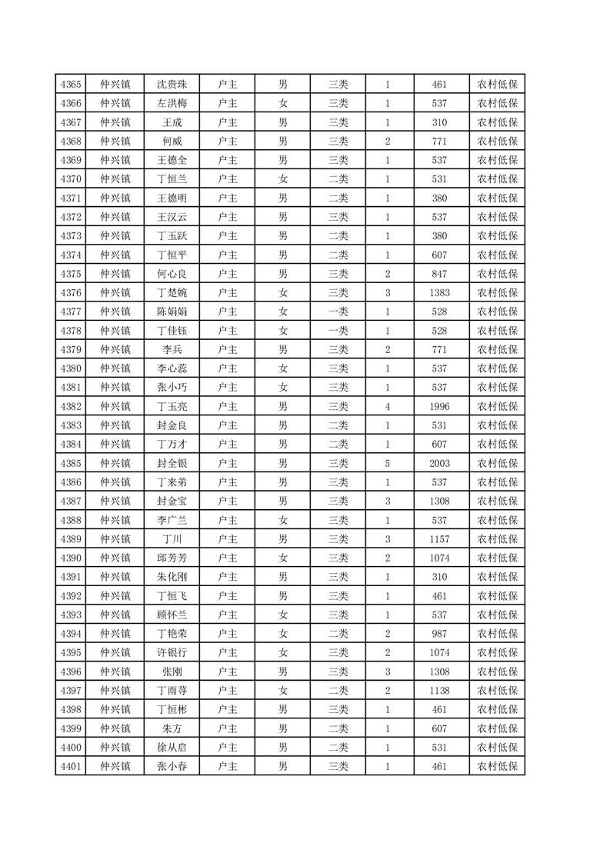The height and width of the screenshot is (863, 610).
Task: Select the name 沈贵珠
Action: (x=172, y=85)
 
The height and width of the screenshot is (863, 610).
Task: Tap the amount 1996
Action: (x=440, y=406)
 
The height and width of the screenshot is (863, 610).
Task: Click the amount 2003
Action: (x=440, y=463)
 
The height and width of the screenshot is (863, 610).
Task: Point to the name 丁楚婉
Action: (x=172, y=292)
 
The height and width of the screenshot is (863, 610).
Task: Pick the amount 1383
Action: (x=440, y=292)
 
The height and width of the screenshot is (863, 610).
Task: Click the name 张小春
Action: (x=172, y=766)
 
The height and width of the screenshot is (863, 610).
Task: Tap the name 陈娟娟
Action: (x=172, y=312)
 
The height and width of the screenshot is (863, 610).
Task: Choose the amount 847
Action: (x=440, y=274)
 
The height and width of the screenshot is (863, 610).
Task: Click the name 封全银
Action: (x=172, y=463)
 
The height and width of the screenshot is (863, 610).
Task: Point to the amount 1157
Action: (x=440, y=538)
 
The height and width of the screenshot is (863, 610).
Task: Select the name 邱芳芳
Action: (x=172, y=558)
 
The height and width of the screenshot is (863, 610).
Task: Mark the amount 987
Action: (x=440, y=634)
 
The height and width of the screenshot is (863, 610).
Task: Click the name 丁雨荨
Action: (x=172, y=691)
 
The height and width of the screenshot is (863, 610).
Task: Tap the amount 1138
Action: (x=440, y=691)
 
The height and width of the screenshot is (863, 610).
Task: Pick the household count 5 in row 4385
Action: (x=388, y=463)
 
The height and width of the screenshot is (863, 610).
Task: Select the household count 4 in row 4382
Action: (x=388, y=406)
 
